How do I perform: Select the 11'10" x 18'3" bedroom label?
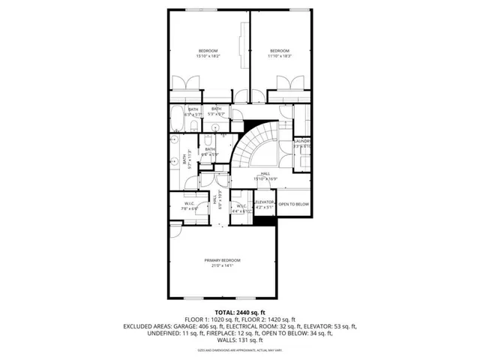[280, 53]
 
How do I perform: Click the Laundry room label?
[302, 143]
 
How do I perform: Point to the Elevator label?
[265, 204]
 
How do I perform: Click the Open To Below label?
[293, 204]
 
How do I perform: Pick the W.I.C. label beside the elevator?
[241, 208]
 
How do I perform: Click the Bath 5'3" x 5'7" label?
[216, 111]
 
